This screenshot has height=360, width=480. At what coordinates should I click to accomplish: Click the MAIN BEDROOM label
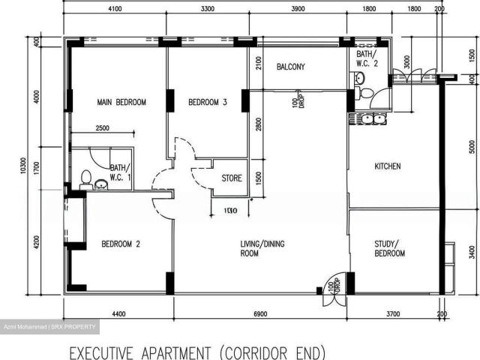121,102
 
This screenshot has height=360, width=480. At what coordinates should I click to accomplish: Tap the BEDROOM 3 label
207,102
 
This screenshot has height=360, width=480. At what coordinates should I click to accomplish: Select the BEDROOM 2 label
121,244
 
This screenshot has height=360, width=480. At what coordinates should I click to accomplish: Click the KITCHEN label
387,166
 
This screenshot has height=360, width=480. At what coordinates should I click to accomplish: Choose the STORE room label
232,178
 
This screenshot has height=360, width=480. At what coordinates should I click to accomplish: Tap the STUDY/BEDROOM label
389,248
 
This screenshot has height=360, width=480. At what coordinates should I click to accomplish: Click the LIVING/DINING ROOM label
259,248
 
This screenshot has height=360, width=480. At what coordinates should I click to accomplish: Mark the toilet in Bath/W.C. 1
86,179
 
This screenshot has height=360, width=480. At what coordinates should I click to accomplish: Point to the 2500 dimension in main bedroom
102,128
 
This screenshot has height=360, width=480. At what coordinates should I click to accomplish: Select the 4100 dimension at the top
115,9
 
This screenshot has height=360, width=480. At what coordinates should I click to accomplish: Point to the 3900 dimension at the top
298,9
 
